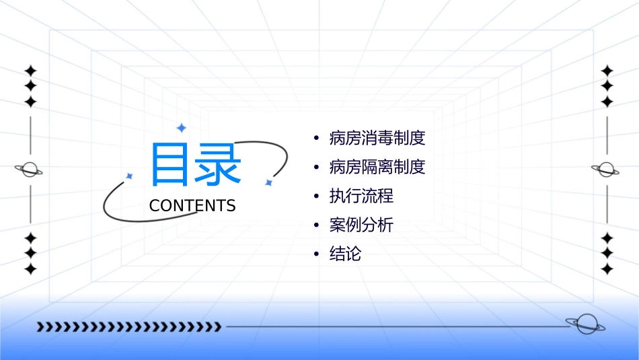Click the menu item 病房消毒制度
click(377, 139)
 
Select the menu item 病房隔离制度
click(377, 167)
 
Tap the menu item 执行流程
click(361, 196)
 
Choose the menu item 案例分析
click(361, 225)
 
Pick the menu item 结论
click(345, 254)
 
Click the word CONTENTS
click(192, 206)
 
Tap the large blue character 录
click(217, 165)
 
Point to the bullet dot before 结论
click(316, 254)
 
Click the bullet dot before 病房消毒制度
click(316, 139)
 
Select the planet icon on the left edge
click(29, 170)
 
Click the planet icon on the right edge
click(607, 170)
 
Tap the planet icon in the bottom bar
click(585, 325)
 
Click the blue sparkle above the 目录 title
click(181, 128)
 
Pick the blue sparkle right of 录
click(268, 182)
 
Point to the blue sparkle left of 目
click(130, 176)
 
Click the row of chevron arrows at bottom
click(129, 327)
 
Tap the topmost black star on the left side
click(30, 71)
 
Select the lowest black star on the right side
click(607, 269)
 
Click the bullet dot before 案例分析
click(316, 225)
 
